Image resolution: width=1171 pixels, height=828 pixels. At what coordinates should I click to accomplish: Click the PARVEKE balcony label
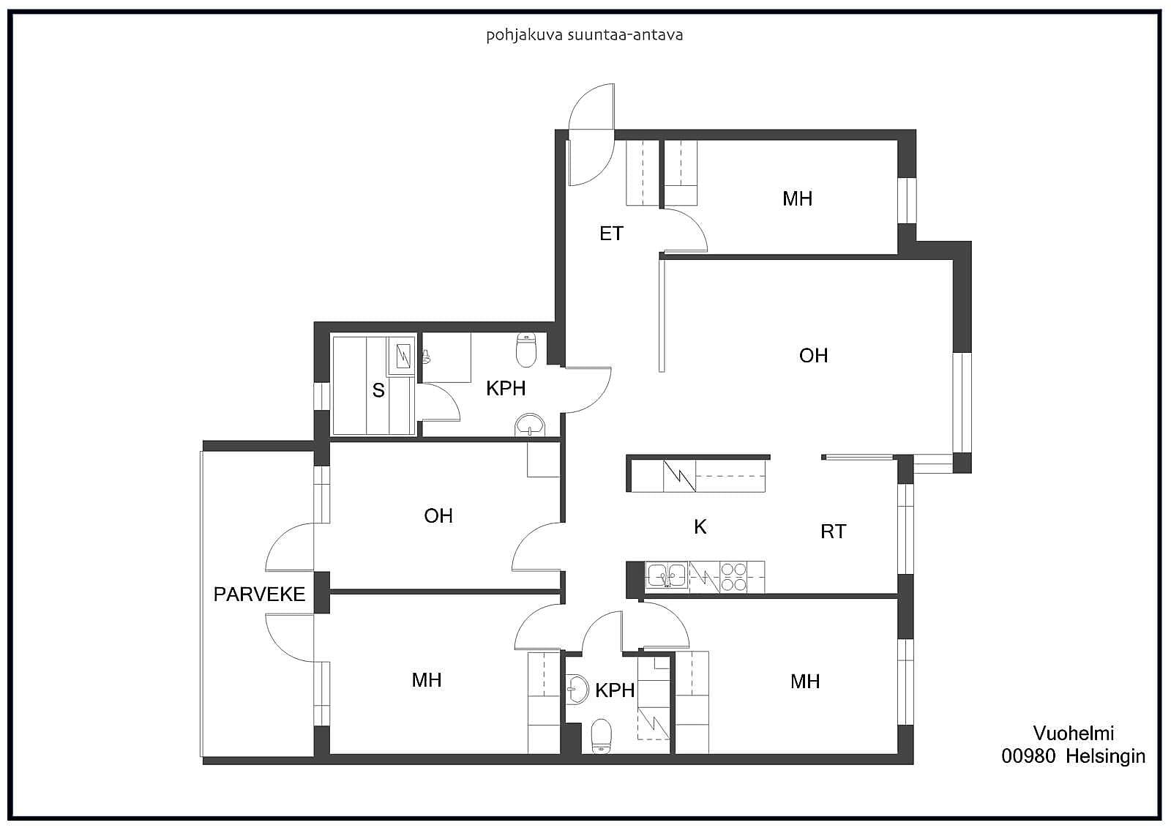click(x=259, y=594)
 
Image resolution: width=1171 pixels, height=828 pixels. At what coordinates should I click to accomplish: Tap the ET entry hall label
click(x=611, y=234)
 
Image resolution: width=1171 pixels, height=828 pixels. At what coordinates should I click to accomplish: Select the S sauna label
click(x=378, y=390)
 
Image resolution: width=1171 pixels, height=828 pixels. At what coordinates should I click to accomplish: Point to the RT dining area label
click(x=833, y=532)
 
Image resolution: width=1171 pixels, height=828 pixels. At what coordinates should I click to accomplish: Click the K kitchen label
click(x=700, y=526)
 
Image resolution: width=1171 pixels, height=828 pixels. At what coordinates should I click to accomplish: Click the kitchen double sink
click(x=667, y=576)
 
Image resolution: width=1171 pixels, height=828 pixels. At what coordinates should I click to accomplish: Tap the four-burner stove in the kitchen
click(x=733, y=576)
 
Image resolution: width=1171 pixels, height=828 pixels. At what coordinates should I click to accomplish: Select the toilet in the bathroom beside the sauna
click(x=526, y=351)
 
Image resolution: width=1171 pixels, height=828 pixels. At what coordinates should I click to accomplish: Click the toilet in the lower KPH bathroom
click(x=601, y=736)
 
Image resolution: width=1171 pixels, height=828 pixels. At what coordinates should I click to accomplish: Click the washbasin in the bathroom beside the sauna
click(x=530, y=425)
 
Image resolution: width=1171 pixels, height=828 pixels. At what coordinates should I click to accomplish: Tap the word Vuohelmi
click(x=1073, y=734)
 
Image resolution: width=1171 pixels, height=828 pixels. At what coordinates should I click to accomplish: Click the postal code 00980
click(x=1028, y=756)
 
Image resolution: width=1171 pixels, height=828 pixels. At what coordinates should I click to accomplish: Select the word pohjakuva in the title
click(x=517, y=36)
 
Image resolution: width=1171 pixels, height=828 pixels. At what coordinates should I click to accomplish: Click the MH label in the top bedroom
click(x=797, y=198)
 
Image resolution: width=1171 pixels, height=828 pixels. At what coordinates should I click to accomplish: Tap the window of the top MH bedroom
click(x=907, y=201)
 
